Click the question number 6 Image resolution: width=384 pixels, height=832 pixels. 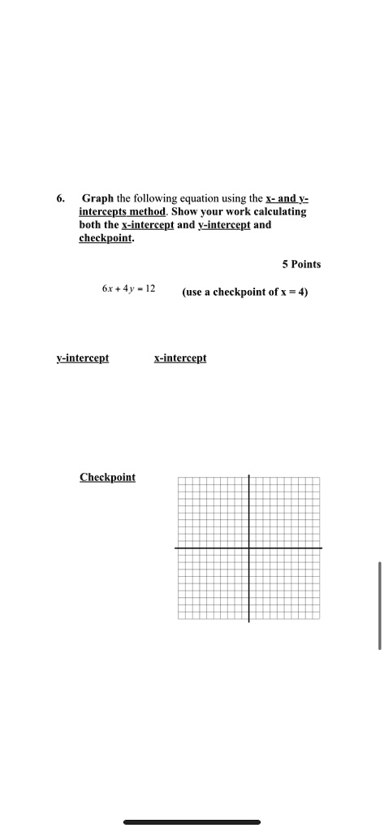point(60,198)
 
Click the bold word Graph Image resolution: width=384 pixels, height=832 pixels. point(97,198)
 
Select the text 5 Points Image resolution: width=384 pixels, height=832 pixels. point(301,264)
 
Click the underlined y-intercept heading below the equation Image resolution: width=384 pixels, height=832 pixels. point(83,357)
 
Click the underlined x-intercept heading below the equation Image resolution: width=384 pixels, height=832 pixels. point(180,357)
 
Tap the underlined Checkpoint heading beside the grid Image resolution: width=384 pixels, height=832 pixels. point(107,477)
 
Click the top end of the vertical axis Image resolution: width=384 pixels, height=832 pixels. point(248,474)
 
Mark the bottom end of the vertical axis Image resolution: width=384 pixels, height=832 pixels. point(248,622)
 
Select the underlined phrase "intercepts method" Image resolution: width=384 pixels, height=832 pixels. point(113,211)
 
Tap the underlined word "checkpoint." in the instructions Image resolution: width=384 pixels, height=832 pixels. point(106,238)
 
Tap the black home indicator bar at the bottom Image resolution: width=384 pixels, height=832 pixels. point(192,822)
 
